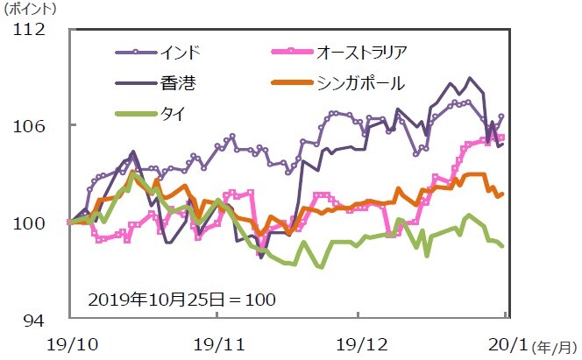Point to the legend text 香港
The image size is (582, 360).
[178, 83]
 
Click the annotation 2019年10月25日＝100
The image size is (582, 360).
[183, 299]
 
